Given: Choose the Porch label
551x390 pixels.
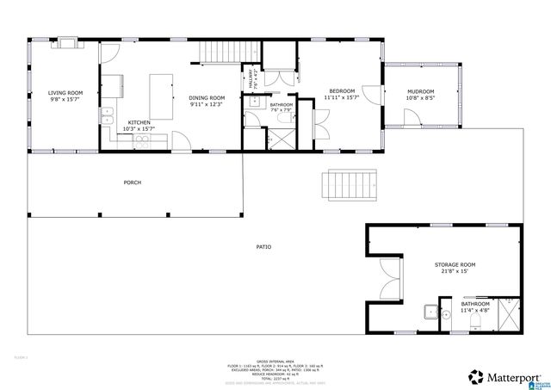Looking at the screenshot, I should pyautogui.click(x=132, y=183).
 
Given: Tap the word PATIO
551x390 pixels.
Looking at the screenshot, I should pyautogui.click(x=263, y=247).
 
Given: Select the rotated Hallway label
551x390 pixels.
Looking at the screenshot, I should pyautogui.click(x=252, y=80).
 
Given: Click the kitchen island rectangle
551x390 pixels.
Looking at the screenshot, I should pyautogui.click(x=159, y=91).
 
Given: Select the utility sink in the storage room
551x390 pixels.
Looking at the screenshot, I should pyautogui.click(x=428, y=313).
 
